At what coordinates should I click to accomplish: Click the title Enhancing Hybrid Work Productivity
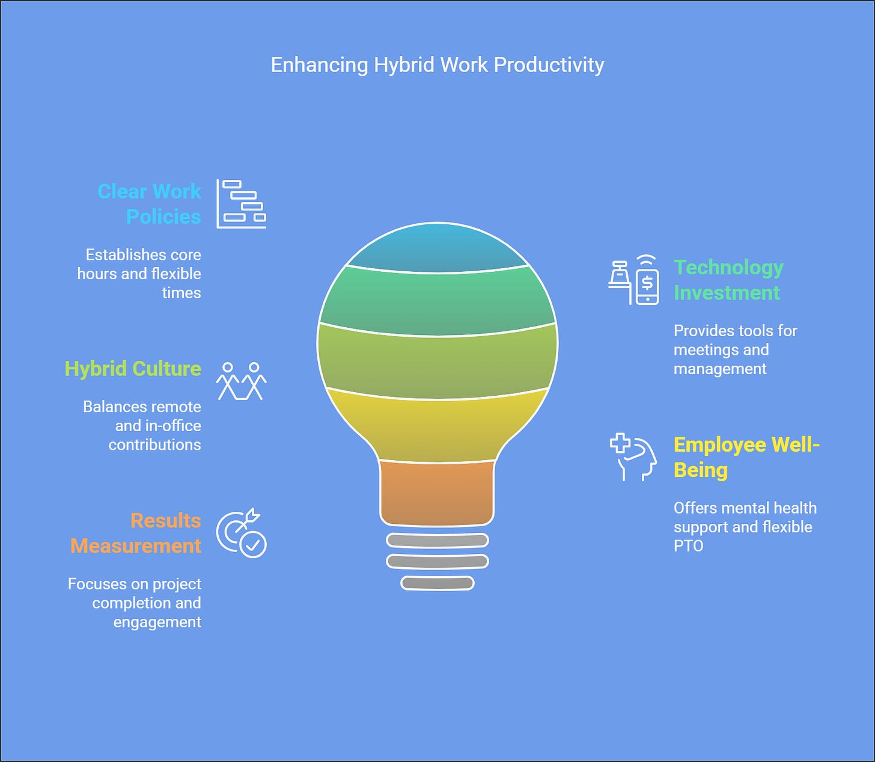click(x=437, y=65)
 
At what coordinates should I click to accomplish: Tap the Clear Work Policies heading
click(x=150, y=204)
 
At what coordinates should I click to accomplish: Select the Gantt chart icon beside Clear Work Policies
click(x=241, y=204)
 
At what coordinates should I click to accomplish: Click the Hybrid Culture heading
click(x=133, y=369)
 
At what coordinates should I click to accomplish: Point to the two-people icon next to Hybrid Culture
click(x=241, y=381)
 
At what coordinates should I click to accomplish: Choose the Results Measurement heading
click(x=136, y=533)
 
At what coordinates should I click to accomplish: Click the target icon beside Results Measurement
click(x=241, y=533)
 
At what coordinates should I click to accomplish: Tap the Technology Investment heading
click(x=728, y=280)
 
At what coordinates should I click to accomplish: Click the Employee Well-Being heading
click(x=746, y=457)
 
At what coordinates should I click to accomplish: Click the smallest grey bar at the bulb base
click(x=437, y=583)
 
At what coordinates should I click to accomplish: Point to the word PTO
click(x=688, y=546)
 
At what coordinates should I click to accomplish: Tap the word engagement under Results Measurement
click(x=157, y=622)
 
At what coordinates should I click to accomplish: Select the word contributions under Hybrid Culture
click(x=154, y=445)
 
